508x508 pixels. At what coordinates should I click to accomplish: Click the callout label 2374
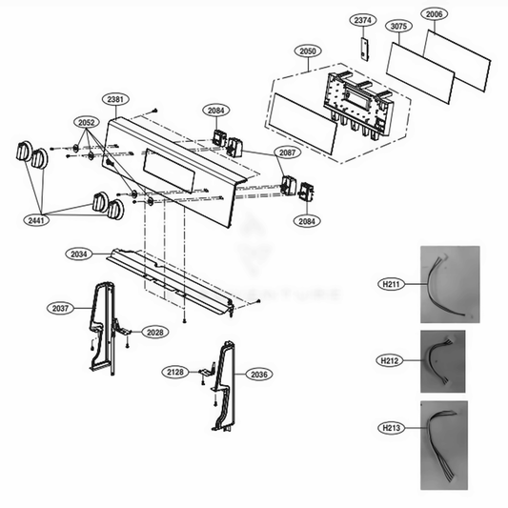(362, 19)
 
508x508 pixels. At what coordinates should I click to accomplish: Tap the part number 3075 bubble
(398, 27)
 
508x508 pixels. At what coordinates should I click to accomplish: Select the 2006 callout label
(435, 14)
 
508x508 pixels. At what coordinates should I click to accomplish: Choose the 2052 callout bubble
(88, 123)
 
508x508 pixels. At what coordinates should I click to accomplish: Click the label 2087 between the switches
(288, 152)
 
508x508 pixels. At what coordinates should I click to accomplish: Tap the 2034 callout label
(80, 254)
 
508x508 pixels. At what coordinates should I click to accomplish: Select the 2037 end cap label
(60, 308)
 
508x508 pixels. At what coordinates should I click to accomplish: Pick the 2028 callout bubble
(153, 332)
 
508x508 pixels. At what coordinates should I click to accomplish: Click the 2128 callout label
(173, 371)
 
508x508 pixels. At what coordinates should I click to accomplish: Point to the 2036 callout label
(260, 374)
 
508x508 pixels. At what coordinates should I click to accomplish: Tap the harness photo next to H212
(442, 361)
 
